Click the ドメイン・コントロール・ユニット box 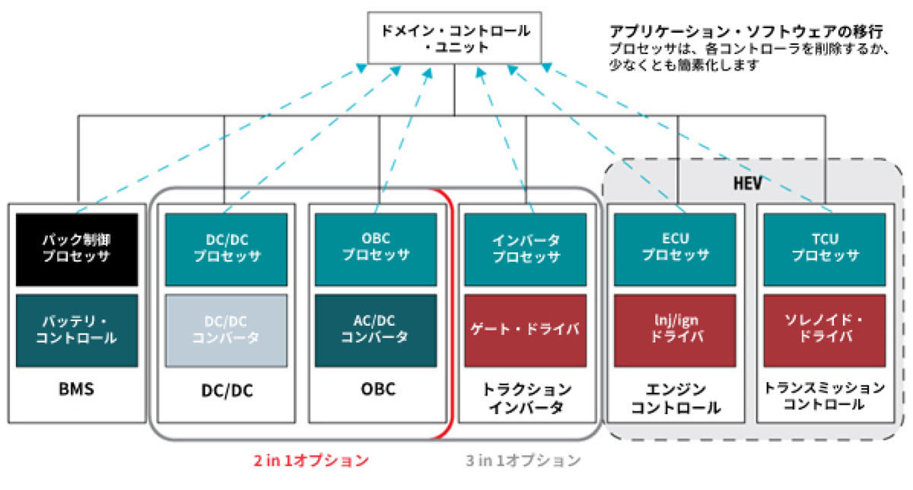(454, 37)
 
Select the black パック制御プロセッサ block (77, 250)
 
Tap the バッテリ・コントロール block (77, 331)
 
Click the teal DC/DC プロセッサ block (226, 250)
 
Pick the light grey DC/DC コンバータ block (226, 331)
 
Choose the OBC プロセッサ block (376, 250)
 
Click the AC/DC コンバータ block (376, 331)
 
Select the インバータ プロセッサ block (526, 250)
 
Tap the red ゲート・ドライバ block (526, 331)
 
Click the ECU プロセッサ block (675, 250)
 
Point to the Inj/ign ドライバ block (675, 331)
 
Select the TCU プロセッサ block (825, 250)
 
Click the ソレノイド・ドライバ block (825, 331)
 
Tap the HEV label (747, 183)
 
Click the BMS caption (77, 389)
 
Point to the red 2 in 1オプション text (311, 460)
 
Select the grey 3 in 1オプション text (523, 460)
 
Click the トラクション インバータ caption (526, 398)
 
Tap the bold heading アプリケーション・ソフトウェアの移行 (746, 31)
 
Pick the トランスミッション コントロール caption (825, 396)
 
